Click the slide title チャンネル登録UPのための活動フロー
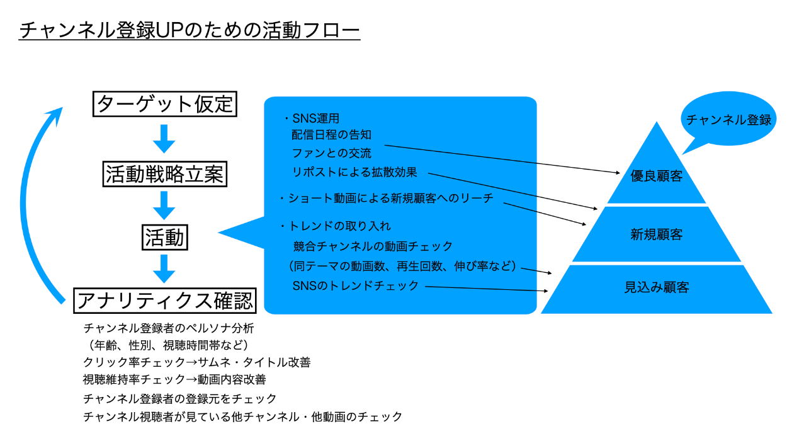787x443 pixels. [x=190, y=30]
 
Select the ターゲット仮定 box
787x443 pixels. [x=164, y=104]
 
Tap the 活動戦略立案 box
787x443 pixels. [x=164, y=174]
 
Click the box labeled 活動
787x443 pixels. [x=164, y=238]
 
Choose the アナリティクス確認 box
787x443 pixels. [x=164, y=301]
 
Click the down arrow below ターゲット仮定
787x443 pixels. [x=164, y=139]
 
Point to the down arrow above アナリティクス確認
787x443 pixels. [x=164, y=269]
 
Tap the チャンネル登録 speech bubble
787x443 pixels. [x=728, y=120]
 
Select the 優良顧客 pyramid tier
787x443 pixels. [x=657, y=176]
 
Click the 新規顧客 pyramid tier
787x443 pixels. [x=657, y=235]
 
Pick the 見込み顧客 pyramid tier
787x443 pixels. [x=657, y=288]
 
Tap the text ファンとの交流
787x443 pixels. [x=332, y=153]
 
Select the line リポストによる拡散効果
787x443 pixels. [x=354, y=171]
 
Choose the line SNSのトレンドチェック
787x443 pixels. [x=356, y=285]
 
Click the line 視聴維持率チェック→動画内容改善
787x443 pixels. [x=174, y=380]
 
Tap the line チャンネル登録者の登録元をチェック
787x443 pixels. [x=180, y=398]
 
